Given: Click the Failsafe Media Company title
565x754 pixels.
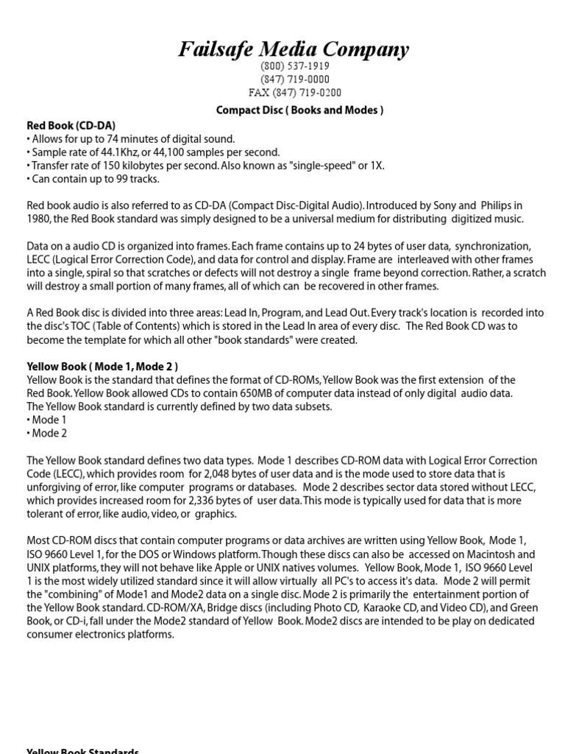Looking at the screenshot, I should (294, 49).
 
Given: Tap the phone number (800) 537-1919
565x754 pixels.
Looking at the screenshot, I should (294, 66).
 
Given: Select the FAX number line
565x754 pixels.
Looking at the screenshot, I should (294, 93).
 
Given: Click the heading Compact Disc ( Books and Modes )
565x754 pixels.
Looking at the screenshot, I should (299, 110).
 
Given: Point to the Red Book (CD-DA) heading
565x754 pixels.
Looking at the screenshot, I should (71, 125).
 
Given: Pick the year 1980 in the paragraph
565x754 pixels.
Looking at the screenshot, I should (39, 219).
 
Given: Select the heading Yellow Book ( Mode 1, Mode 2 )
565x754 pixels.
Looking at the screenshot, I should (102, 366).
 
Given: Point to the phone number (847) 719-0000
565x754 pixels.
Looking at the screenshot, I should (294, 80).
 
